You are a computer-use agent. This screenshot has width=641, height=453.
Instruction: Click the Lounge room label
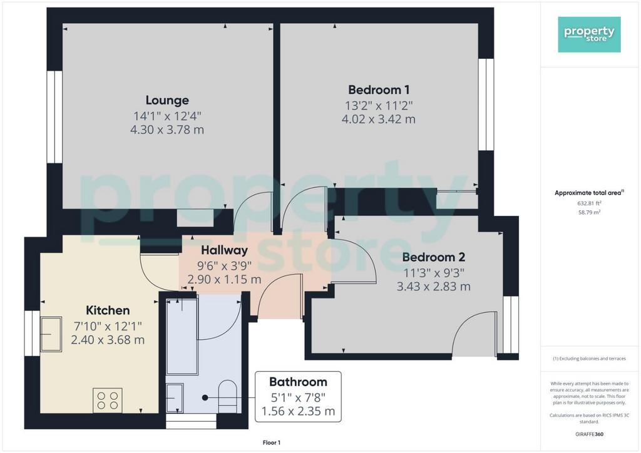click(167, 100)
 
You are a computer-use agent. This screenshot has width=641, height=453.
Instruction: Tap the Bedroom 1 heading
click(379, 89)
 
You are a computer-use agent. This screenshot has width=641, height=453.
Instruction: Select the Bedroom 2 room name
click(434, 257)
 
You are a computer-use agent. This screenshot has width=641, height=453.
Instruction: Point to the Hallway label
click(225, 250)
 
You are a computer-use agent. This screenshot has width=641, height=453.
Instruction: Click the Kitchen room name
click(108, 310)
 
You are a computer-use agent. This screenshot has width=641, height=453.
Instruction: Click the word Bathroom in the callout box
click(298, 382)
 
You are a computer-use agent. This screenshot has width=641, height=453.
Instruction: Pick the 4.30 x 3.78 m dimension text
click(167, 130)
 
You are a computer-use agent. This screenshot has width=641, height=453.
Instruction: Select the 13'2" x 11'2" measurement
click(379, 106)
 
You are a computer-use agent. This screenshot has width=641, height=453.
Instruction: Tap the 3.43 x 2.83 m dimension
click(434, 287)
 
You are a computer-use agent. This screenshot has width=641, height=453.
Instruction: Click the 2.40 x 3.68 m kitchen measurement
click(108, 340)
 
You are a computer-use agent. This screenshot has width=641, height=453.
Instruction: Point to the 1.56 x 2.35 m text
click(298, 411)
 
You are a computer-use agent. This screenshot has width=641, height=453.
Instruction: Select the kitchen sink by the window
click(51, 334)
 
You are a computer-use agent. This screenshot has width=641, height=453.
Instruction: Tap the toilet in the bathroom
click(228, 397)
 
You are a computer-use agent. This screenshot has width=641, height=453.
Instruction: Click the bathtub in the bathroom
click(182, 336)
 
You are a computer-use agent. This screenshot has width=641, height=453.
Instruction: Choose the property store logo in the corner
click(589, 34)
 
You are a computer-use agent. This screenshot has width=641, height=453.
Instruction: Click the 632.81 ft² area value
click(589, 203)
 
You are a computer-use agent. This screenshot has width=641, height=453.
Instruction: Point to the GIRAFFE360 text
click(589, 434)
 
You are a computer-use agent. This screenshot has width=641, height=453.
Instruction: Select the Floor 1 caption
click(272, 443)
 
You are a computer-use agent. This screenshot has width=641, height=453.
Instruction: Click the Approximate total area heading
click(589, 193)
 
